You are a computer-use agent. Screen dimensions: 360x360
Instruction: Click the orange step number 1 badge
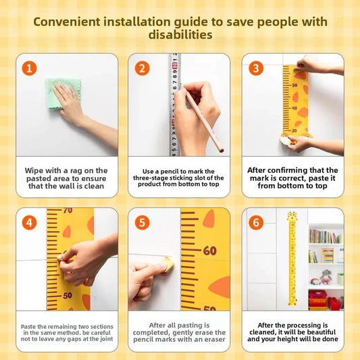coord(30,68)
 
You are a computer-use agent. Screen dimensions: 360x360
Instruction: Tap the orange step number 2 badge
coord(142,68)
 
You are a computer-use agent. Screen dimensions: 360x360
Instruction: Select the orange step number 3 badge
coord(256,68)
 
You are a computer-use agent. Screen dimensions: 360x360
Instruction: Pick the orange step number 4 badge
coord(30,222)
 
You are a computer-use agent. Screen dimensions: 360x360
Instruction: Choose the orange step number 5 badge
coord(142,222)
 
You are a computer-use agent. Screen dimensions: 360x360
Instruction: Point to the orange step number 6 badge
coord(256,222)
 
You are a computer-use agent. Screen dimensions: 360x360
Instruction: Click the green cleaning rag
coord(63,94)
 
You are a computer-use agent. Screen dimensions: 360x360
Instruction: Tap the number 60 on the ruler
coord(210,251)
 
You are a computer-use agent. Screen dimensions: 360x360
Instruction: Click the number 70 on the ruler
coord(68,210)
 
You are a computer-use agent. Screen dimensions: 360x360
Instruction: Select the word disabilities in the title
coord(180,35)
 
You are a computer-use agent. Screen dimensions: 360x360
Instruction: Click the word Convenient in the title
coord(67,22)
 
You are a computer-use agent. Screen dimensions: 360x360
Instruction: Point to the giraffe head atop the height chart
coord(292,216)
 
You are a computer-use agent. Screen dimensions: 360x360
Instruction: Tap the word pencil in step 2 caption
coord(170,172)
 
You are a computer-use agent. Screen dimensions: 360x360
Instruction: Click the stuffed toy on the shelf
coord(326,277)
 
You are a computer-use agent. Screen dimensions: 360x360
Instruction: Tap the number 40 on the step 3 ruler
coord(294,108)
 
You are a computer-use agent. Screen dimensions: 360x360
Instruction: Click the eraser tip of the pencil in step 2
coord(222,151)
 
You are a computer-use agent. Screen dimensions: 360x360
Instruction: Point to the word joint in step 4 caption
coord(107,339)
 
